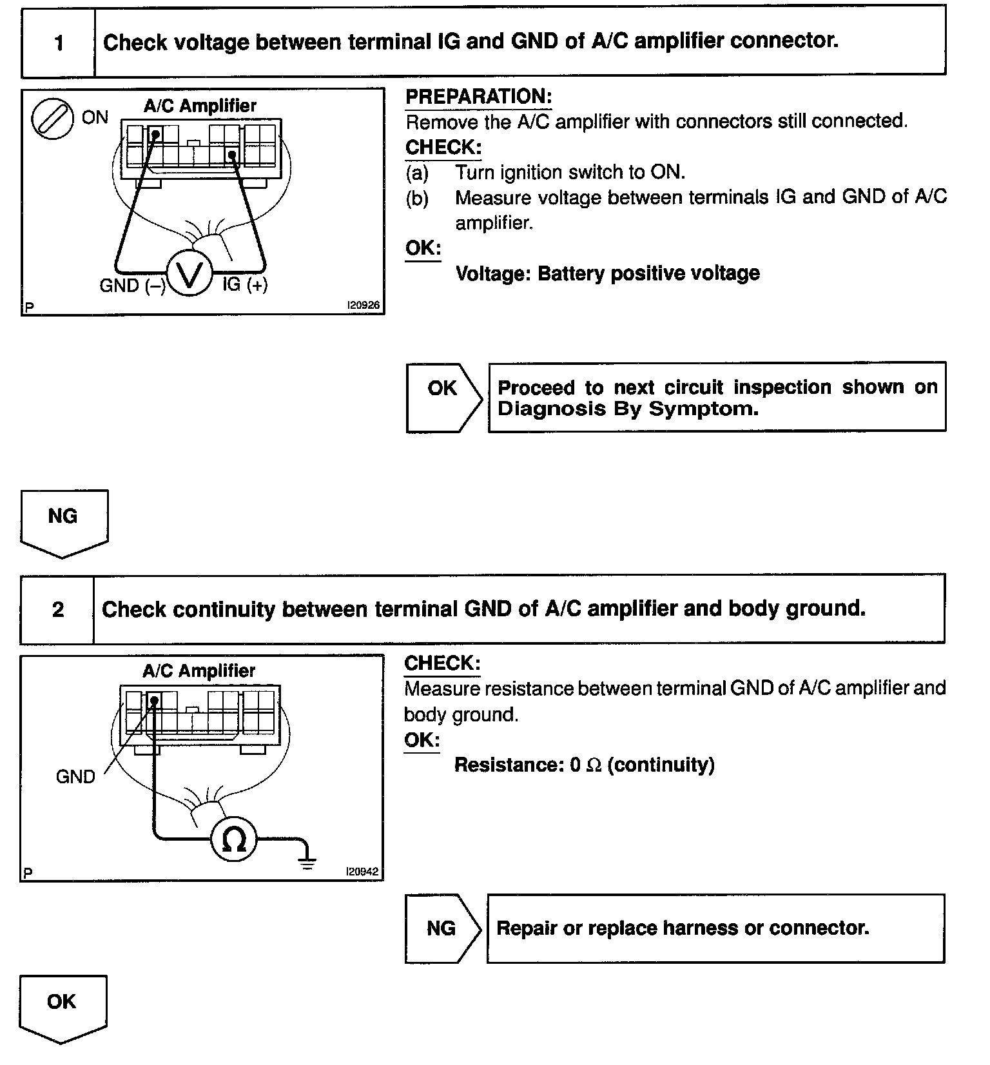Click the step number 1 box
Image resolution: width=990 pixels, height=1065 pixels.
(59, 43)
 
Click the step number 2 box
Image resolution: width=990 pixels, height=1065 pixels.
(58, 609)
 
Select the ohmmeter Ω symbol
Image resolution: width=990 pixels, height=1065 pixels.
(234, 839)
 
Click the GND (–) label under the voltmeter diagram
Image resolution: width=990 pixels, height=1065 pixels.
(132, 286)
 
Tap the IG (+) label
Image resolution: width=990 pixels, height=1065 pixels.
(245, 284)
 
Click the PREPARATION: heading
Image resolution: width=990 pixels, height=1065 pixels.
(478, 97)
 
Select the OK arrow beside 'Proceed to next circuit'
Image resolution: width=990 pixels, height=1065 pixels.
(443, 397)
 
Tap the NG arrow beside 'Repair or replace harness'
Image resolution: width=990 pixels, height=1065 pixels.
(442, 928)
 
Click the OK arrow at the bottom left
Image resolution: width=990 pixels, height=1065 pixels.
(63, 1006)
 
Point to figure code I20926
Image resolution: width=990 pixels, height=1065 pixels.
(364, 306)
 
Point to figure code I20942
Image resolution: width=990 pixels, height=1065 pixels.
(362, 872)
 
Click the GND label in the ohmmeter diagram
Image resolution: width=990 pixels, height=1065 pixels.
(75, 776)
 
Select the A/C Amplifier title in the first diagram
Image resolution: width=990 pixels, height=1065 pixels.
(200, 106)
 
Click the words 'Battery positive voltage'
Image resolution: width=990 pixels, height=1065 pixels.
(648, 273)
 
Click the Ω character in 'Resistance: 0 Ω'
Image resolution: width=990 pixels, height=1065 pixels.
(594, 765)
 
